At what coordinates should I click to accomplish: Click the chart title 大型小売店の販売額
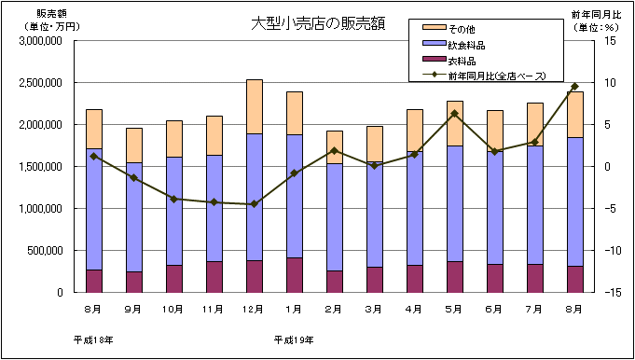[x=312, y=23]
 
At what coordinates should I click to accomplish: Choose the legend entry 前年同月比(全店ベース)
[x=495, y=76]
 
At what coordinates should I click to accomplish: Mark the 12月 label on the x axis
[x=254, y=308]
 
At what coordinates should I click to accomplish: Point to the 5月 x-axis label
[x=454, y=308]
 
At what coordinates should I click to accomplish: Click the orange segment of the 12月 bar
[x=254, y=106]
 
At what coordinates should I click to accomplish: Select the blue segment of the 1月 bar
[x=294, y=196]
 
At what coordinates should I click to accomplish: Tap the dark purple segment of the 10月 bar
[x=173, y=278]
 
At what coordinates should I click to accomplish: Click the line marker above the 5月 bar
[x=454, y=114]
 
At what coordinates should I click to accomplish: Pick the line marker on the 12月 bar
[x=254, y=204]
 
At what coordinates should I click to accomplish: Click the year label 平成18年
[x=93, y=339]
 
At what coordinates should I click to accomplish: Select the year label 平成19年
[x=293, y=339]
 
